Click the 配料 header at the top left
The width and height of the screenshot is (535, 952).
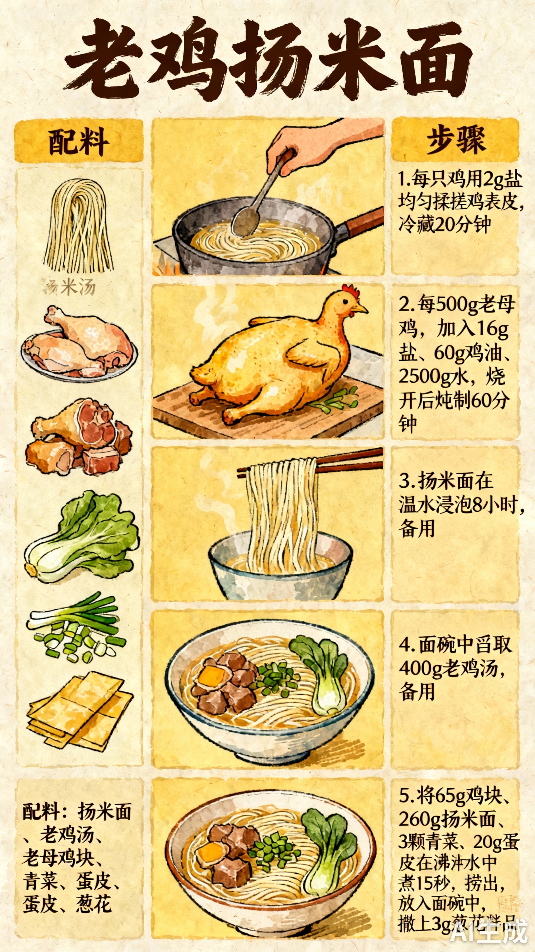pyautogui.click(x=78, y=141)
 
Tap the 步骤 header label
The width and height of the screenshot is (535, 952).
pyautogui.click(x=455, y=139)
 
